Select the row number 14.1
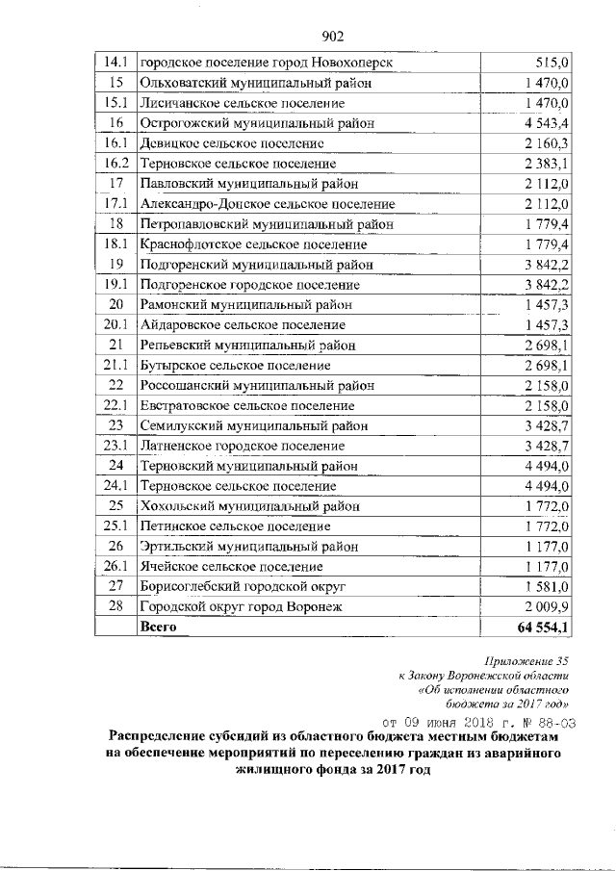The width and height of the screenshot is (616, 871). tap(115, 63)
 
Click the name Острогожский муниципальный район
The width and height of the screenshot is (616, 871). tap(257, 123)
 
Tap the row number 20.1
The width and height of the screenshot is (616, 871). tap(115, 325)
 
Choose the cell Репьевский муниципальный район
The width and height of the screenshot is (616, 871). tap(248, 346)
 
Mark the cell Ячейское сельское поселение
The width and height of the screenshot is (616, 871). tap(231, 567)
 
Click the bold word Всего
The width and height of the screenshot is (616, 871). tap(160, 627)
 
